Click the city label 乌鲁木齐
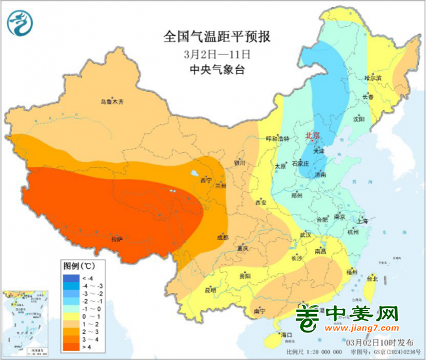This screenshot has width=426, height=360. click(111, 102)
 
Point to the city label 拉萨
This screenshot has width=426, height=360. click(116, 239)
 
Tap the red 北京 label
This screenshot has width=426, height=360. click(312, 136)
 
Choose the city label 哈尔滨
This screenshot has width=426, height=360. click(372, 77)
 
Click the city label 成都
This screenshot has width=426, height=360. click(222, 237)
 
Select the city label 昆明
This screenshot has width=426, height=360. click(210, 289)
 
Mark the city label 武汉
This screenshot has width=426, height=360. click(305, 234)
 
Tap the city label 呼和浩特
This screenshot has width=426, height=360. click(277, 139)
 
